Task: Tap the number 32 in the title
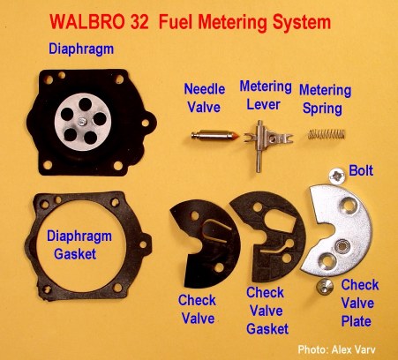coord(139,22)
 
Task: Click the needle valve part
coord(215,136)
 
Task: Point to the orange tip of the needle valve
coord(237,136)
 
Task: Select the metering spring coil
coord(327,134)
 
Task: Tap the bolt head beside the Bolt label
coord(336,176)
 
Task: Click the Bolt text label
coord(361,170)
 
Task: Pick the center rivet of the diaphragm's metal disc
coord(80,121)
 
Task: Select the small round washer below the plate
coord(325,286)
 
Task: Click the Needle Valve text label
coord(205,98)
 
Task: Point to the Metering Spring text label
coord(325,99)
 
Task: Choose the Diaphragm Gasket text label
coord(79,245)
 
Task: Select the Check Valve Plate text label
coord(360,303)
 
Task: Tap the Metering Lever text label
coord(266,95)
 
